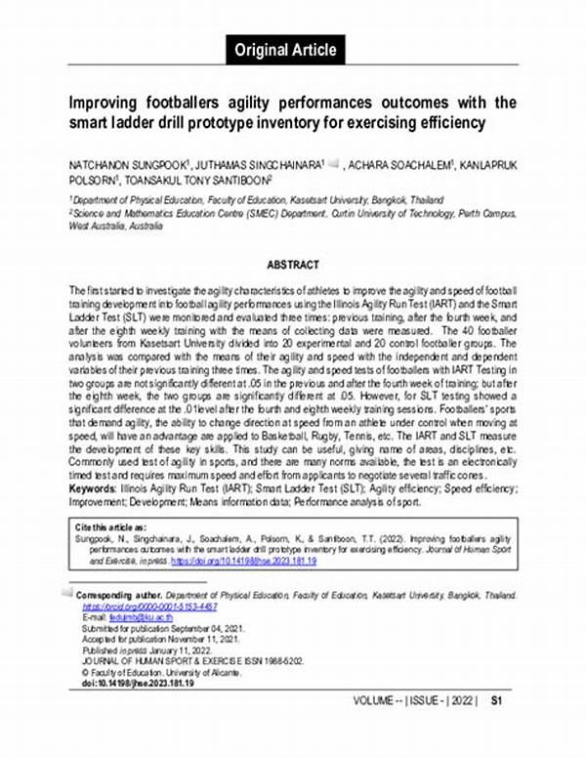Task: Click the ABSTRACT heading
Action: tap(293, 264)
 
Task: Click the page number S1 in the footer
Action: tap(496, 728)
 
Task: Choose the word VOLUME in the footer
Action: tap(374, 729)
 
